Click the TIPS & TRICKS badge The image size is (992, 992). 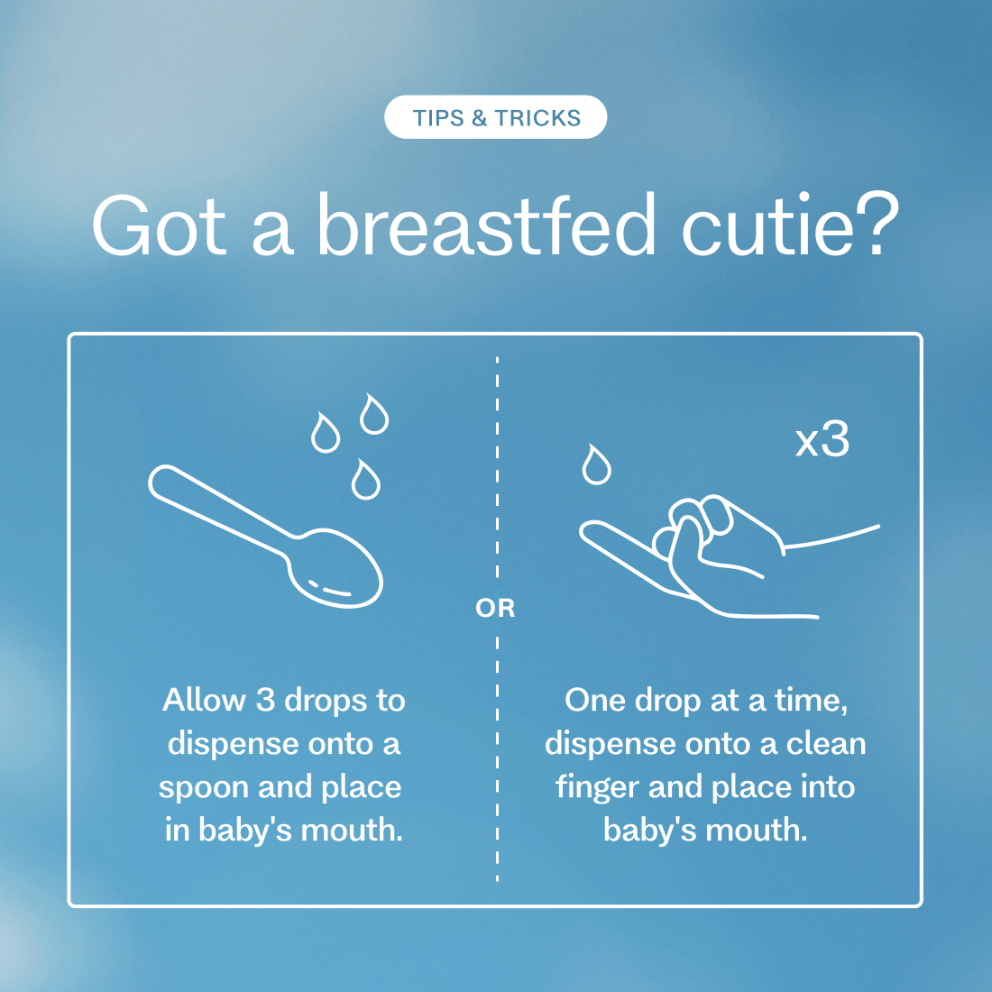(495, 117)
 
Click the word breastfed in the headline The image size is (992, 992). (486, 225)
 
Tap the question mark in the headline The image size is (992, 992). (877, 225)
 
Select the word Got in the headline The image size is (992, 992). (159, 225)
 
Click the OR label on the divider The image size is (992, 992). (495, 608)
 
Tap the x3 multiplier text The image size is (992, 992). (822, 440)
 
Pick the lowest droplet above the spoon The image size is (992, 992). (365, 480)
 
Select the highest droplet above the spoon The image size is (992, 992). (374, 414)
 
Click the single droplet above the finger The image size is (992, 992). (596, 464)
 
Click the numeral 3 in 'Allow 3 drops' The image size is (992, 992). (264, 700)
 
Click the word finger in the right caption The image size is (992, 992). (597, 787)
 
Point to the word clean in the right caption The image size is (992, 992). (825, 743)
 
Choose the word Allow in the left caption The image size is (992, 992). (204, 700)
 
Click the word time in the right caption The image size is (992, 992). (811, 701)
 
